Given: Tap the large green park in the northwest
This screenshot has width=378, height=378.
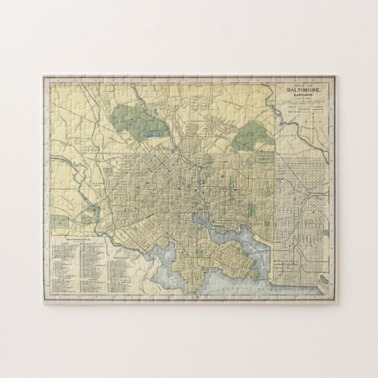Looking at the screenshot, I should pyautogui.click(x=132, y=118).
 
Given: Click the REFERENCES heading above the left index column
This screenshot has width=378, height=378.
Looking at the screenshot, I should pyautogui.click(x=69, y=239).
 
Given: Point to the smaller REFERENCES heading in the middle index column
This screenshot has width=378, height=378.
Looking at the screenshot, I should pyautogui.click(x=122, y=257).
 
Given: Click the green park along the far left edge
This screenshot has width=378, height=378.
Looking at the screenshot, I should pyautogui.click(x=59, y=222).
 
